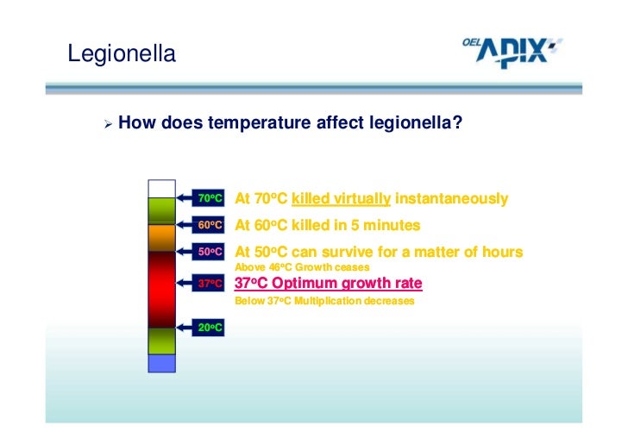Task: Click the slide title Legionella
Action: tap(122, 54)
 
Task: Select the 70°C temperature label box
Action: tap(210, 198)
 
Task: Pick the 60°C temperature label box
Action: tap(210, 225)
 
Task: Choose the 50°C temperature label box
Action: tap(210, 253)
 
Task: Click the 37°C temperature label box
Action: tap(210, 283)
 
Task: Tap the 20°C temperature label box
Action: tap(210, 327)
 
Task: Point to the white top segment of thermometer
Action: tap(161, 189)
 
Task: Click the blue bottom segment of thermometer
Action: tap(161, 363)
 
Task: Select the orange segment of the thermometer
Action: tap(161, 238)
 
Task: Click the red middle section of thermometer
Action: tap(161, 285)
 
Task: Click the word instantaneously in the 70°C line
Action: tap(451, 199)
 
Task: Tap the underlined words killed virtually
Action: tap(342, 199)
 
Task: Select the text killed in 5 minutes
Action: tap(356, 226)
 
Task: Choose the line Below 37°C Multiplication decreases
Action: tap(324, 302)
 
